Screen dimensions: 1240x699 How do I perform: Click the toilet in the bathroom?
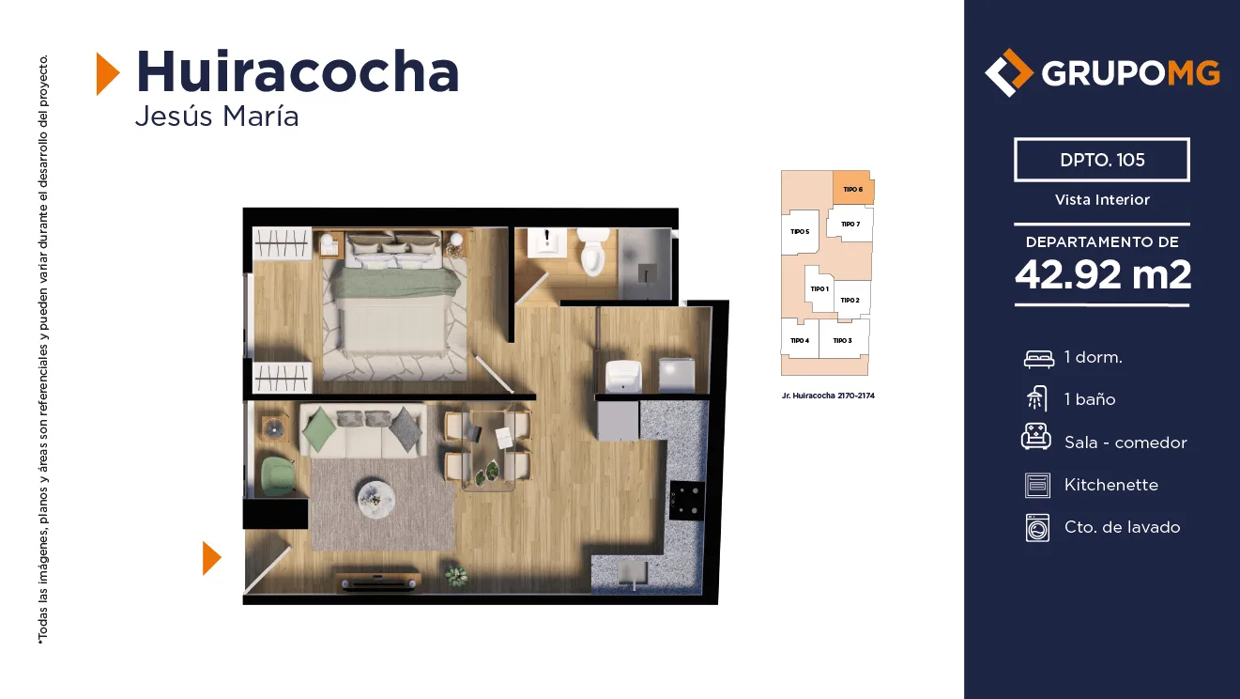[x=593, y=252]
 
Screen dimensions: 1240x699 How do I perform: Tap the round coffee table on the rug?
[x=375, y=498]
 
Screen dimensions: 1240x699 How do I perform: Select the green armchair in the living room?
[x=278, y=476]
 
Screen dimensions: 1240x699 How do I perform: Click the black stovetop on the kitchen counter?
[x=687, y=500]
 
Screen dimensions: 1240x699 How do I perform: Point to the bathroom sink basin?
[x=547, y=242]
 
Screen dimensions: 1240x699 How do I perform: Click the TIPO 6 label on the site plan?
[x=852, y=190]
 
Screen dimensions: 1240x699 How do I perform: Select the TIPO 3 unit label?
[x=843, y=341]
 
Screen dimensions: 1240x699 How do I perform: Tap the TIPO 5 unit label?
[x=800, y=231]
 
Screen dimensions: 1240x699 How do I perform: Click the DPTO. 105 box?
[x=1102, y=160]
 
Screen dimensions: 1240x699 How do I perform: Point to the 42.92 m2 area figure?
[x=1102, y=274]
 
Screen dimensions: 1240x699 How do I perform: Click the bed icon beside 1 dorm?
[x=1038, y=359]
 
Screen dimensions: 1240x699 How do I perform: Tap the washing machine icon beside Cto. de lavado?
[x=1037, y=527]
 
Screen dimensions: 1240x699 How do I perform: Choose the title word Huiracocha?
[x=298, y=72]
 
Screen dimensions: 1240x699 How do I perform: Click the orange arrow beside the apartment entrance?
[x=212, y=558]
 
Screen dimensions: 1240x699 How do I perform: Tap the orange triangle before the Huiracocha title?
[x=108, y=73]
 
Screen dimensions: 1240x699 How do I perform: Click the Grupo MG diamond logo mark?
[x=1008, y=72]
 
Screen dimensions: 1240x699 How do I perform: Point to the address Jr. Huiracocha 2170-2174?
[x=828, y=396]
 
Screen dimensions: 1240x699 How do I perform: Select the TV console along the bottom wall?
[x=378, y=580]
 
